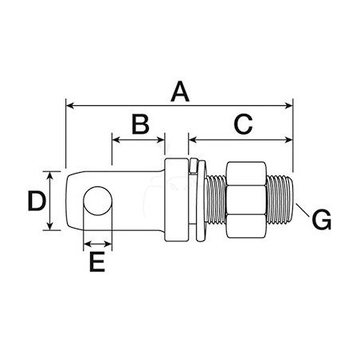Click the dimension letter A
(x=180, y=92)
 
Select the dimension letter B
(x=140, y=123)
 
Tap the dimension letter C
(x=243, y=123)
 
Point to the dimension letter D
(x=37, y=201)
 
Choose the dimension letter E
(x=97, y=262)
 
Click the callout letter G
(x=322, y=220)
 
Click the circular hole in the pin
(x=98, y=201)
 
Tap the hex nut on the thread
(x=246, y=201)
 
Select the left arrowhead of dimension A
(x=69, y=106)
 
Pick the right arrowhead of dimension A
(x=289, y=106)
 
